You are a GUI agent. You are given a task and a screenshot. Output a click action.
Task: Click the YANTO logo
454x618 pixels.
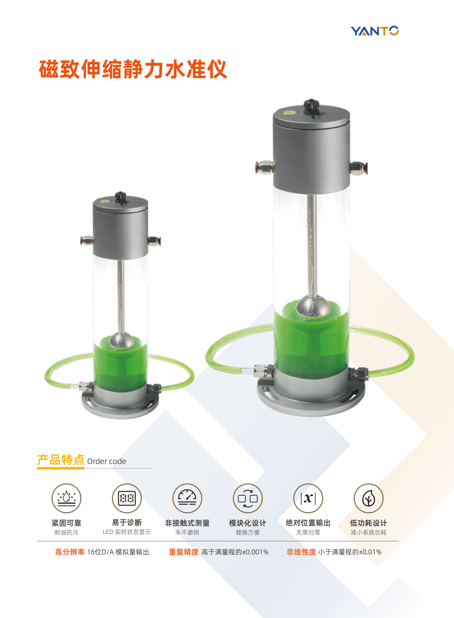point(375,31)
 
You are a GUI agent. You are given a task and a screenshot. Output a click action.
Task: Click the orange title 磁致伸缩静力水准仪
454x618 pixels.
point(133,69)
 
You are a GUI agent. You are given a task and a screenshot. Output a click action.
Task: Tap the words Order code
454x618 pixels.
point(106,461)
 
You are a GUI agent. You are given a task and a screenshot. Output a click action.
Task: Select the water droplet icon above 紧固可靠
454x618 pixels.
point(66,498)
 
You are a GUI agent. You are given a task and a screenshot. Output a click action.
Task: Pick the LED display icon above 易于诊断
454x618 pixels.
point(127,498)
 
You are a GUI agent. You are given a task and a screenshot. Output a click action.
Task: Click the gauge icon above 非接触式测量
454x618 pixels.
point(187,498)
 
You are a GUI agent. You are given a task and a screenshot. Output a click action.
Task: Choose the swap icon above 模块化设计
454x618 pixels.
point(248,498)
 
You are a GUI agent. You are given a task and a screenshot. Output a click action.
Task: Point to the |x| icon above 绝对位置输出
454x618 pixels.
point(308,498)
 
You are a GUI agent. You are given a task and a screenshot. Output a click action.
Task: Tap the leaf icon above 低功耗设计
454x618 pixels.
point(368,498)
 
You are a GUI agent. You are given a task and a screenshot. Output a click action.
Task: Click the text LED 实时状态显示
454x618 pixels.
point(127,532)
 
